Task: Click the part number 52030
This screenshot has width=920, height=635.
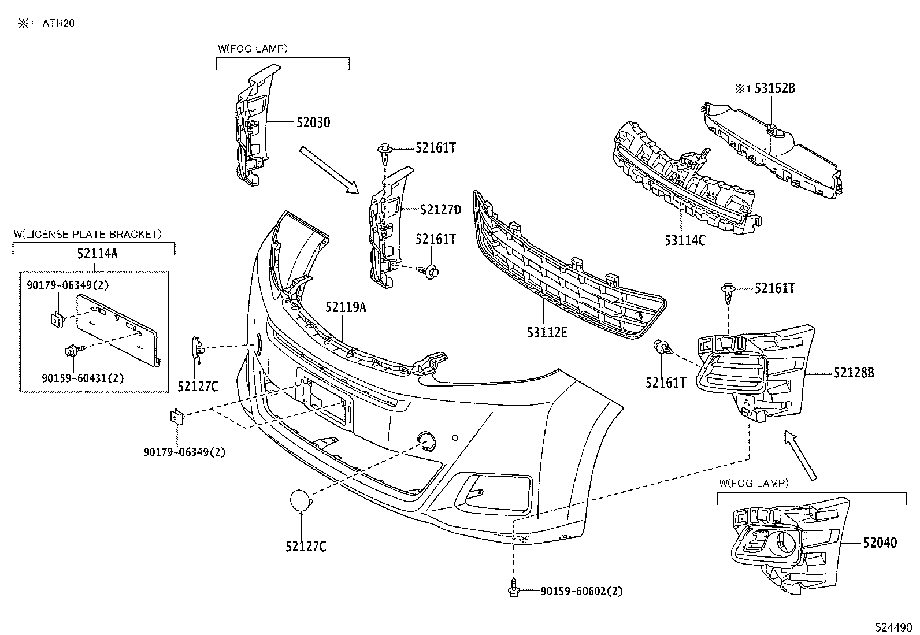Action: (x=313, y=122)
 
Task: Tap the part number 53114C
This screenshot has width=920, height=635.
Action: (x=685, y=240)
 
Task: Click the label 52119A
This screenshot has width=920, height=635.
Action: (x=346, y=307)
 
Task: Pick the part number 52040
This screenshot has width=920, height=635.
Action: (x=880, y=543)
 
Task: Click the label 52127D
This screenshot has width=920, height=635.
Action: (x=441, y=210)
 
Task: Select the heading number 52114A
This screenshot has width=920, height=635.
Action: (x=97, y=252)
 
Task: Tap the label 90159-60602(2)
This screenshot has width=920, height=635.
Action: (x=582, y=591)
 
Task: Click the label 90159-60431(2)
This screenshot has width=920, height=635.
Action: (x=83, y=378)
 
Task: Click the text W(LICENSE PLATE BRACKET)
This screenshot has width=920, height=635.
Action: (x=87, y=234)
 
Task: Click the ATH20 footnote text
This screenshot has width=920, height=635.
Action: (x=58, y=24)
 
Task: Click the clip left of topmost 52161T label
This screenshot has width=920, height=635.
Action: (x=385, y=151)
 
